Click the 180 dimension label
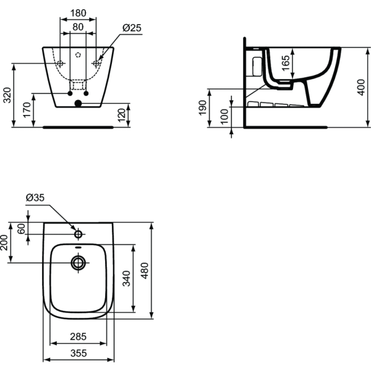coord(78,13)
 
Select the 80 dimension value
coord(78,27)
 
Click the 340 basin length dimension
coord(127,278)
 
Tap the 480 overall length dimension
coord(144,270)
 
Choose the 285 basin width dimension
coord(77,337)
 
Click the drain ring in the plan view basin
coord(78,262)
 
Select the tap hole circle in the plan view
coord(78,235)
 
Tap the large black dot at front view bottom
coord(78,104)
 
